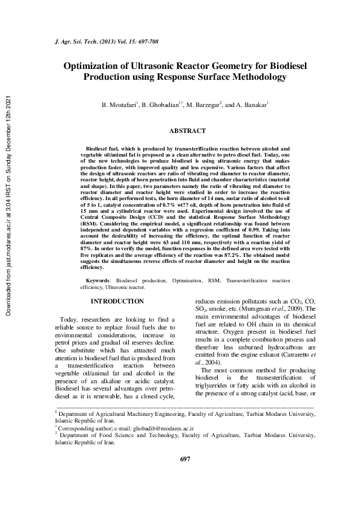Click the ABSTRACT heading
pos(187,131)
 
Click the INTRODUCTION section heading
pos(117,301)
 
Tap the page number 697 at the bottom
pos(186,476)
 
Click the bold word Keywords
pos(97,281)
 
